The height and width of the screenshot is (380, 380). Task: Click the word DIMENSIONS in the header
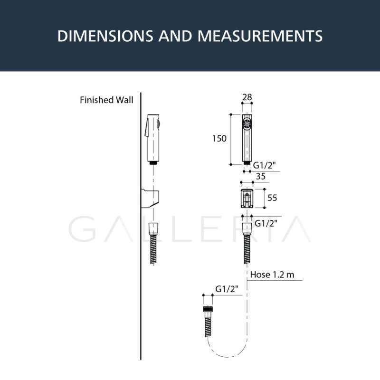pyautogui.click(x=105, y=36)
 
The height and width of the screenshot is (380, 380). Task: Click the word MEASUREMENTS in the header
pyautogui.click(x=260, y=36)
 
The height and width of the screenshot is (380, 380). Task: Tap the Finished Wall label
pyautogui.click(x=106, y=100)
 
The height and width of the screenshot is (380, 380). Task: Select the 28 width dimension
pyautogui.click(x=247, y=97)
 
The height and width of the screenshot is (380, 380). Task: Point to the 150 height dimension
pyautogui.click(x=219, y=139)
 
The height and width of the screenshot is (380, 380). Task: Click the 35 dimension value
pyautogui.click(x=260, y=176)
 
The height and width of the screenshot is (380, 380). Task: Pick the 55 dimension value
pyautogui.click(x=272, y=198)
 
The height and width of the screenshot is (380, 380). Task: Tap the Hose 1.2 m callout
pyautogui.click(x=272, y=275)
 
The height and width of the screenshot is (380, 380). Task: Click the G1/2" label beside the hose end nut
pyautogui.click(x=227, y=289)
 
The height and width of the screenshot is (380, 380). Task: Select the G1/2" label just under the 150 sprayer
pyautogui.click(x=265, y=165)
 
